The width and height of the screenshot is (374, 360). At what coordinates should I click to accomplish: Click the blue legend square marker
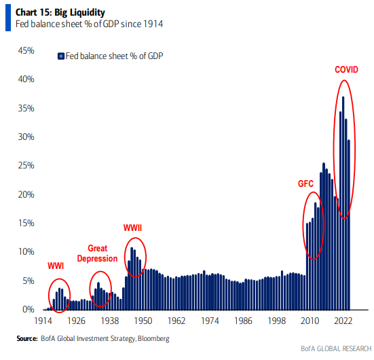[60, 56]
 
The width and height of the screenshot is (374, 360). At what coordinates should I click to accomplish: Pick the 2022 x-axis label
[343, 321]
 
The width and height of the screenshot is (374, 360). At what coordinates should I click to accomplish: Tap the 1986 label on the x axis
[243, 321]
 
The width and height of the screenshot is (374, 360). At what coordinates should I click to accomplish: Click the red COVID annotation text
[346, 70]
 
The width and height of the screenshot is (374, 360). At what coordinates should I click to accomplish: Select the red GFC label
[307, 184]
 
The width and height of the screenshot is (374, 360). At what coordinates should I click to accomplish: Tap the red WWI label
[56, 266]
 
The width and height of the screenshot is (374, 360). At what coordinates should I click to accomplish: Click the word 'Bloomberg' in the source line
[153, 338]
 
